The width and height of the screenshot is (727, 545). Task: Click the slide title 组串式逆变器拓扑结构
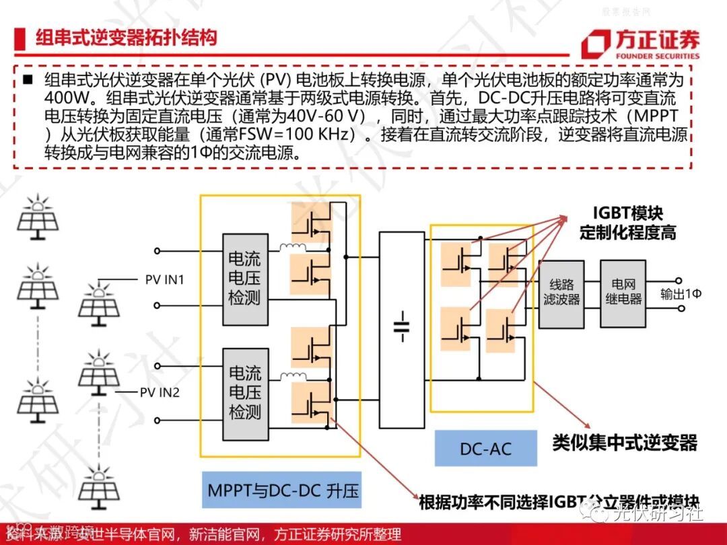127,37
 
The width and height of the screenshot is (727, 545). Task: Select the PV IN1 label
164,279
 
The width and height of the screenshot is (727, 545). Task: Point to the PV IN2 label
160,392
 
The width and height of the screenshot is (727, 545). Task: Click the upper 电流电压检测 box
244,279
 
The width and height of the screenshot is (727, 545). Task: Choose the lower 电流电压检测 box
244,392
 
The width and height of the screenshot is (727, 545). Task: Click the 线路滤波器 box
561,292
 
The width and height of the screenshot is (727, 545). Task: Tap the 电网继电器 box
623,292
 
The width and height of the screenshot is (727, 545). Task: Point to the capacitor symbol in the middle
402,326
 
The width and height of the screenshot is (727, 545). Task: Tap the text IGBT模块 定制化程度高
627,223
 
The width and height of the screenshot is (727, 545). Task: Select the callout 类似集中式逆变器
625,443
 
